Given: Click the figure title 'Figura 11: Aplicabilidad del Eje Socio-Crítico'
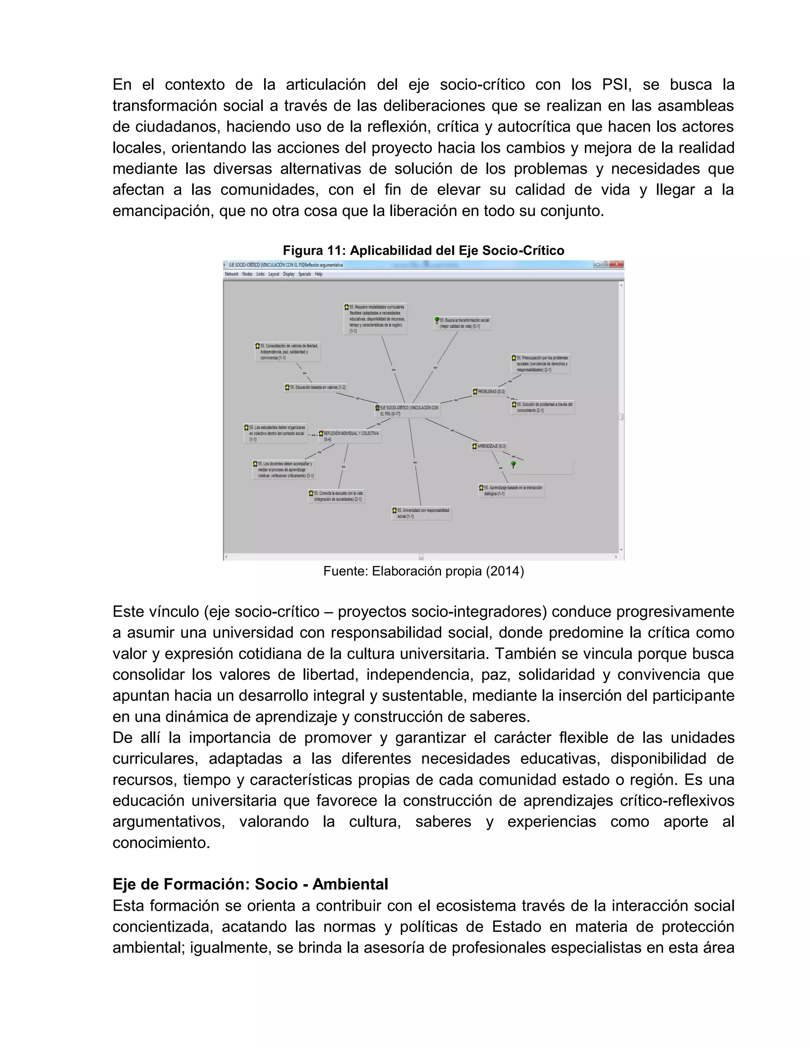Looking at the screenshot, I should coord(423,250).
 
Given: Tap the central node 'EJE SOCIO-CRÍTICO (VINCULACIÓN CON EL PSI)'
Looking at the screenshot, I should coord(408,410).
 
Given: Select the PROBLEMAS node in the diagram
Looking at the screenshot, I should coord(489,392).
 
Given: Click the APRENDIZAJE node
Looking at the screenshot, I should coord(489,446).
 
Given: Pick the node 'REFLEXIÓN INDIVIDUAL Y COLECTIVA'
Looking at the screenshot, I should coord(350,436).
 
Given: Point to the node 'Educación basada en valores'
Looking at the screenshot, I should coord(315,387).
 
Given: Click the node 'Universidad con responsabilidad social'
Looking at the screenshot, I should coord(422,513).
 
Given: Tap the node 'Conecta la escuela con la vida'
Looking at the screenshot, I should coord(337,496).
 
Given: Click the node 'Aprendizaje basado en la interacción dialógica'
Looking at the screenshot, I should coord(511,490).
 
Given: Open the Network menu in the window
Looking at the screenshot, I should coord(231,274).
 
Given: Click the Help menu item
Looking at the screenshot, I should coord(319,274).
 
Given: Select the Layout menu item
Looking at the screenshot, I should coord(274,274).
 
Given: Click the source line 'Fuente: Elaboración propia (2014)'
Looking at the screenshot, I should coord(423,571).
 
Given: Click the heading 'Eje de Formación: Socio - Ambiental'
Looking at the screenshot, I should coord(250,884).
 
